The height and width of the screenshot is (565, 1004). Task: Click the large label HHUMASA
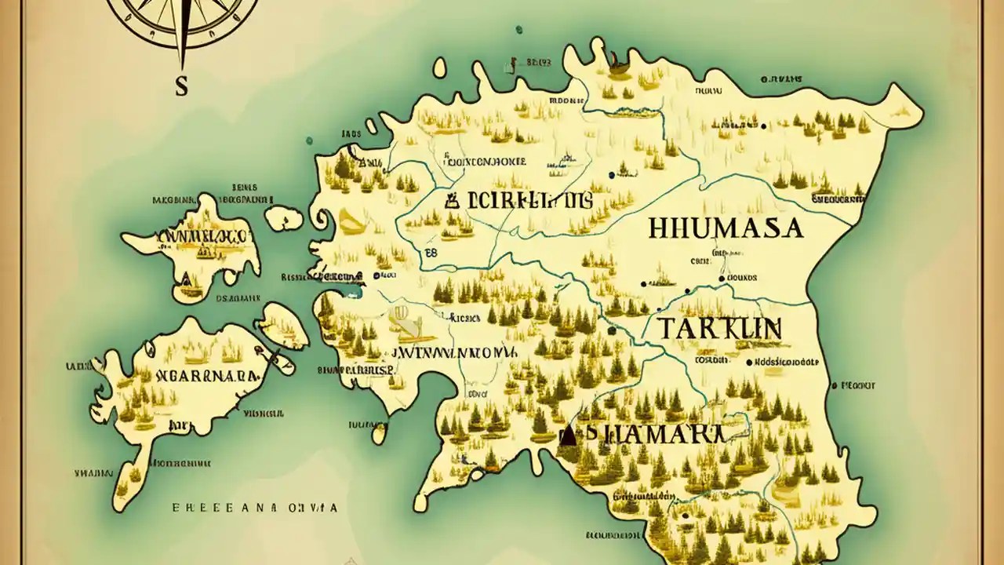point(726,228)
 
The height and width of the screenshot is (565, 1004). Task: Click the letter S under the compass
point(182,86)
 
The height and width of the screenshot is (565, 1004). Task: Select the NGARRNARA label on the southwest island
point(208,375)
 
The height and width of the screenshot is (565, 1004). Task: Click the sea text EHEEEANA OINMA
point(255,508)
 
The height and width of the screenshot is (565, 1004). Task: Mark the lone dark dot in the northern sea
point(518,30)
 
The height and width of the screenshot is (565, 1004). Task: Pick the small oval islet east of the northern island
point(283,217)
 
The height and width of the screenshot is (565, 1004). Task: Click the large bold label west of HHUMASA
point(518,200)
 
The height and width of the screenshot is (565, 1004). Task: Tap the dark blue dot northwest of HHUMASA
point(610,176)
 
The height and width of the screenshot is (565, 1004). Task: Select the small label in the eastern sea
point(857,385)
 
